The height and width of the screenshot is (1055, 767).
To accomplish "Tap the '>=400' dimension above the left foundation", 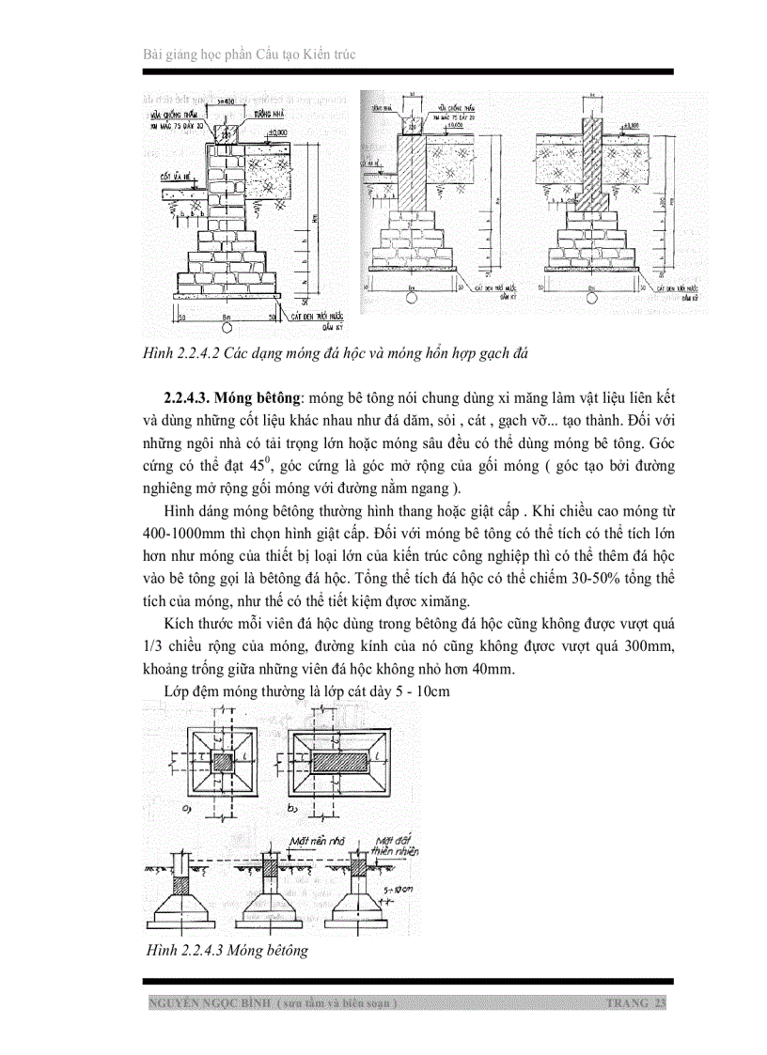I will pos(225,100).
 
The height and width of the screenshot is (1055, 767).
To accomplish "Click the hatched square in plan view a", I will pos(223,761).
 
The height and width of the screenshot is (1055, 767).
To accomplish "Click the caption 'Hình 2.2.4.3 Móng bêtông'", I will pos(227,951).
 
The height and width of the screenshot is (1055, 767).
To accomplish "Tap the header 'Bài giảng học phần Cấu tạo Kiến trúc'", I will pos(248,54).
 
